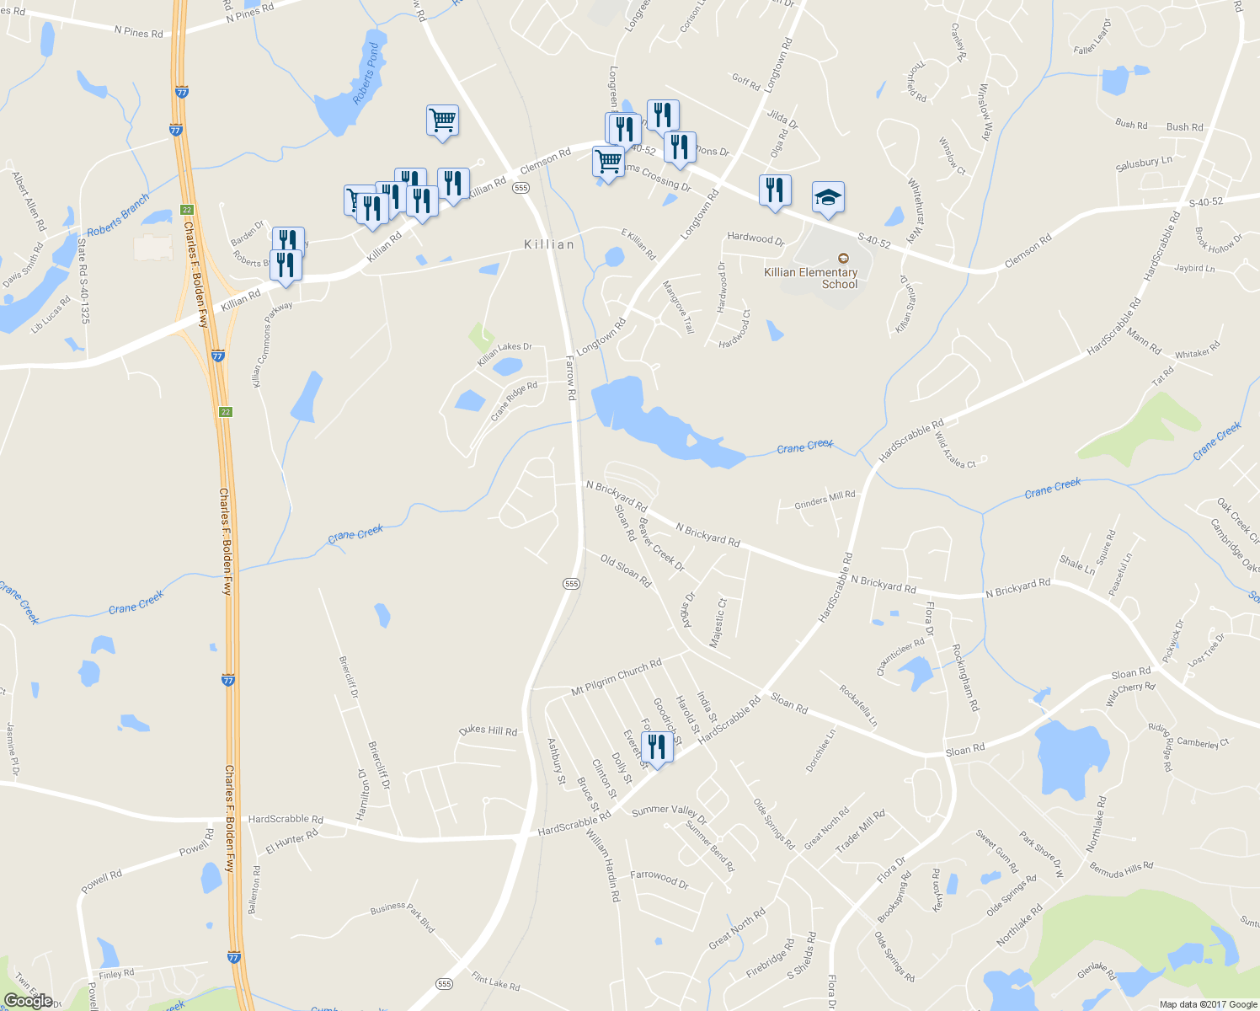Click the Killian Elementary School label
tap(810, 278)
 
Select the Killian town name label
tap(549, 244)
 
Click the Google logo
tap(28, 1000)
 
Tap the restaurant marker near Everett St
tap(657, 747)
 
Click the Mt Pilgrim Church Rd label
tap(617, 677)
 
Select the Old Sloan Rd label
tap(626, 570)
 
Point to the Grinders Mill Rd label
tap(825, 500)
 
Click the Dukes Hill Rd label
tap(489, 730)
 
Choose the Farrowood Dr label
tap(659, 879)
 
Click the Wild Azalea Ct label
tap(955, 452)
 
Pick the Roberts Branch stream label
tap(118, 215)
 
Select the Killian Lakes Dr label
tap(505, 353)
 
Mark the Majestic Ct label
tap(718, 623)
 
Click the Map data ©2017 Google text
tap(1208, 1004)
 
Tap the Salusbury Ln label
tap(1144, 163)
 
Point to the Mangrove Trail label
tap(678, 307)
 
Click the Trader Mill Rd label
tap(860, 832)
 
